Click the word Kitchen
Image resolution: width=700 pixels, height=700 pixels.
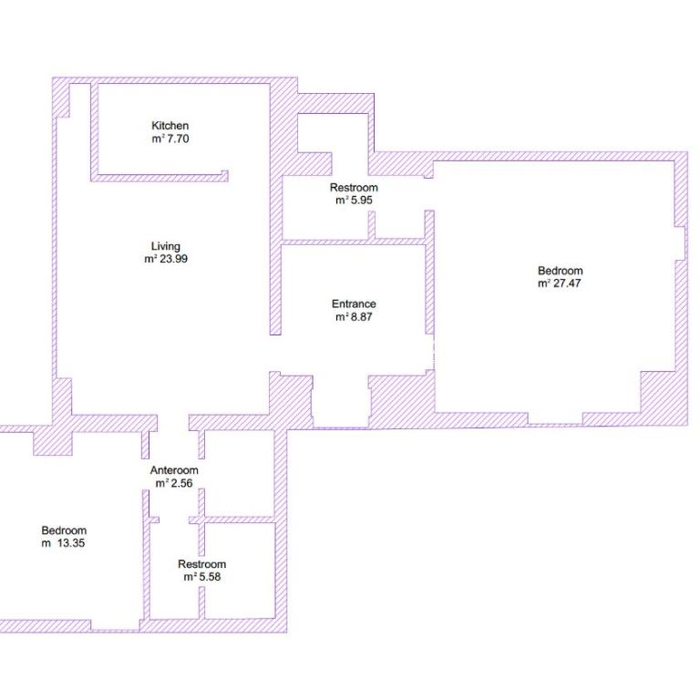(170, 126)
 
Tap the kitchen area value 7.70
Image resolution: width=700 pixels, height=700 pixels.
(178, 139)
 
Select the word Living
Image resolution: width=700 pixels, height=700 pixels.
(166, 246)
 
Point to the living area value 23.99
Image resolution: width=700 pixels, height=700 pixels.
(174, 259)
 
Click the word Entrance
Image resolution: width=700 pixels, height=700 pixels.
(354, 304)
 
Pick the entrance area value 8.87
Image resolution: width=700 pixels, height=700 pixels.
(361, 317)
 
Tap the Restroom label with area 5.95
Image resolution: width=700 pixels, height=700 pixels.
(354, 188)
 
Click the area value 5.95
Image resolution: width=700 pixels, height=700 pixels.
(361, 200)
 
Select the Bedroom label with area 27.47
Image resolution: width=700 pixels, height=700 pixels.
(561, 271)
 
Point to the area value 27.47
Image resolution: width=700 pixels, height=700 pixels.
(567, 283)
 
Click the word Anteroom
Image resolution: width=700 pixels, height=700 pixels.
(174, 470)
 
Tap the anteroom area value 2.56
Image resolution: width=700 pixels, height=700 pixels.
(181, 483)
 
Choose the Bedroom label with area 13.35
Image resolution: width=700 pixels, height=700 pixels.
(64, 530)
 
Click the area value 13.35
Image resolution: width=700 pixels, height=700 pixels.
(70, 543)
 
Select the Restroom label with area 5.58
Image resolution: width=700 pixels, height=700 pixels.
(201, 564)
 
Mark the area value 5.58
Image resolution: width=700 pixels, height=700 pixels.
(209, 577)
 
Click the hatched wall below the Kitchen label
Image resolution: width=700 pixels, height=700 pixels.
(160, 178)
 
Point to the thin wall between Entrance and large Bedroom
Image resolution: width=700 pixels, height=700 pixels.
(429, 273)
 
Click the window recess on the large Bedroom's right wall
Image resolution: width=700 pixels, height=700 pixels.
(680, 243)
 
